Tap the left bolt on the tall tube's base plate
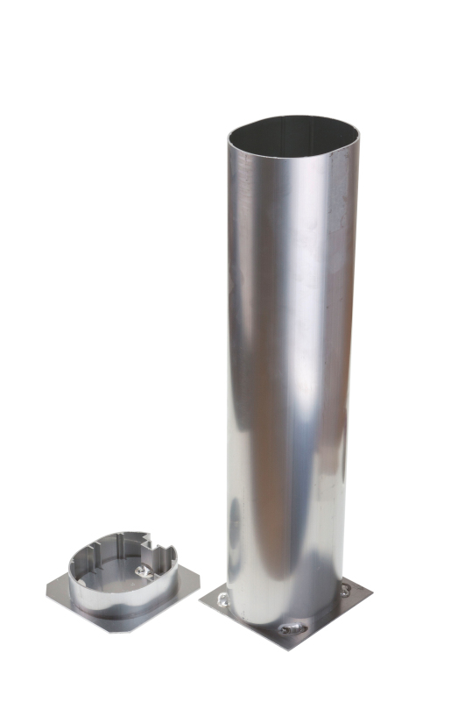(x=222, y=599)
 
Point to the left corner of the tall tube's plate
(x=201, y=602)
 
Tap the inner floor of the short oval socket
(x=123, y=574)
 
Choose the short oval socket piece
(x=123, y=578)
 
